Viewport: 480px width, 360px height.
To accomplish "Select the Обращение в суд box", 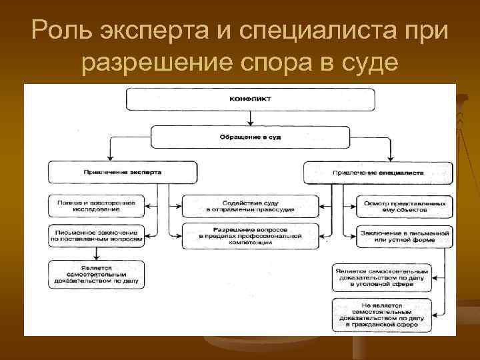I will pyautogui.click(x=249, y=137).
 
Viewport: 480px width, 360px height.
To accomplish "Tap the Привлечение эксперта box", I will pyautogui.click(x=123, y=172).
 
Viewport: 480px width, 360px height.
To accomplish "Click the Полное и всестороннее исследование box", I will pyautogui.click(x=96, y=205).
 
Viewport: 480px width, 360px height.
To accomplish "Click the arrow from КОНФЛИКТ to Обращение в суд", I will pyautogui.click(x=249, y=119).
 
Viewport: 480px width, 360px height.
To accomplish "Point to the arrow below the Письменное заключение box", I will pyautogui.click(x=97, y=253).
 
